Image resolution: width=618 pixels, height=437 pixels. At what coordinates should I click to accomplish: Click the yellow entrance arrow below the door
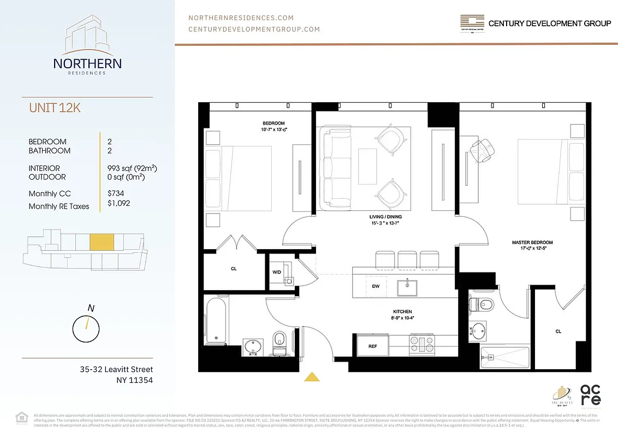tap(312, 376)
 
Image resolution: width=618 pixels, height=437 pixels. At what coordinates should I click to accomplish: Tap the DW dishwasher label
tap(376, 286)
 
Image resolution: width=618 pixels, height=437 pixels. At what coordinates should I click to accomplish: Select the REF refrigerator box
tap(372, 346)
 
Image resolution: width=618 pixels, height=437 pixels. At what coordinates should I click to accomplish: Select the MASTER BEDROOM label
tap(532, 242)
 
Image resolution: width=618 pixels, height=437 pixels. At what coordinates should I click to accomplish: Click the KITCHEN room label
tap(401, 311)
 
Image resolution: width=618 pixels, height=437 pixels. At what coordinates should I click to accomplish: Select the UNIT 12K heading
tap(55, 108)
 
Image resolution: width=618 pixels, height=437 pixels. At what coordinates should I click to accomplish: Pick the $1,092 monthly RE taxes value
tap(119, 203)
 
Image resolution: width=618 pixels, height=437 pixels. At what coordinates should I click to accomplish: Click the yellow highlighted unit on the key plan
tap(101, 242)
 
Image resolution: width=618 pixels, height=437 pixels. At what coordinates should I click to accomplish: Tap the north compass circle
tap(86, 328)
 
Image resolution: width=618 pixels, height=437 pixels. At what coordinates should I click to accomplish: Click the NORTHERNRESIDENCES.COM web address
tap(241, 17)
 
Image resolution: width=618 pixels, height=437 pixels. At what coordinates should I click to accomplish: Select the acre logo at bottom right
tap(591, 394)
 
